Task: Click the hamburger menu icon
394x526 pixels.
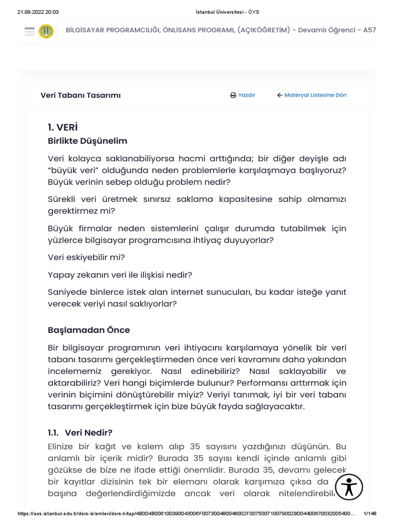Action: [x=29, y=31]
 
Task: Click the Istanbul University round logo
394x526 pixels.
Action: [x=46, y=31]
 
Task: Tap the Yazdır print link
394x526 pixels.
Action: [x=243, y=95]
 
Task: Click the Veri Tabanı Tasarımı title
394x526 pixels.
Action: [x=81, y=95]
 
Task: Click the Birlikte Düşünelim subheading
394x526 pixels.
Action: [x=87, y=141]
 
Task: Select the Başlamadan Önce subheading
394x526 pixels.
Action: [x=89, y=330]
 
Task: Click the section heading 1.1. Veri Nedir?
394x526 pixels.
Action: [x=80, y=433]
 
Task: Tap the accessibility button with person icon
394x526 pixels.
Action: [x=348, y=487]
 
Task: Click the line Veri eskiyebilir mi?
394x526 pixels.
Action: [x=86, y=257]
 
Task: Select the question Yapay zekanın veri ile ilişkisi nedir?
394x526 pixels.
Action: [x=120, y=275]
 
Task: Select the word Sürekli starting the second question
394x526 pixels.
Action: [x=64, y=199]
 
